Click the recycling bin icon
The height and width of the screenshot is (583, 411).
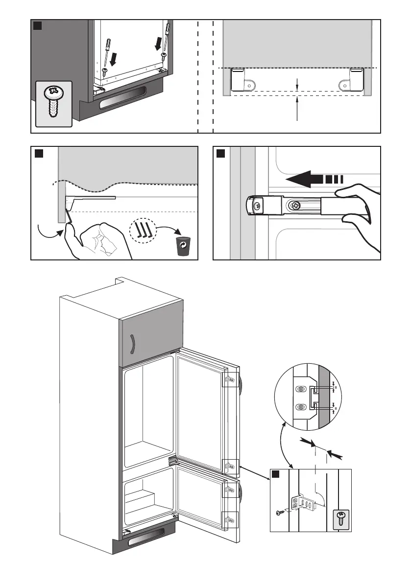[182, 244]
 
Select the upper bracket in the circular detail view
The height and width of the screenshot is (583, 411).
[302, 389]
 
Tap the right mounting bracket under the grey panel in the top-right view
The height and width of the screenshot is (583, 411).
[353, 79]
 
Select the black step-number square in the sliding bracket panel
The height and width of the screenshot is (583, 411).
[221, 154]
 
